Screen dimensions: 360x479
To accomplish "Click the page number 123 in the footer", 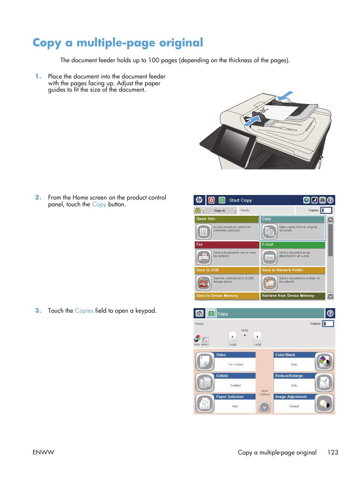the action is [x=332, y=452].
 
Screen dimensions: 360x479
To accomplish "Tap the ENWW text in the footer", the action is [x=43, y=452].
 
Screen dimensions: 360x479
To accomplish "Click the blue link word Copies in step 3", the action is [x=84, y=311].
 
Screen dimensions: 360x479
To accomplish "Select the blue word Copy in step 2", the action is [x=99, y=204].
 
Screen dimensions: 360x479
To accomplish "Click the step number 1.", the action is [x=38, y=77].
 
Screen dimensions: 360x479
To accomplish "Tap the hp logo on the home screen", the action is [x=199, y=200].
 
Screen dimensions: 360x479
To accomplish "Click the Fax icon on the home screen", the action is [x=204, y=258].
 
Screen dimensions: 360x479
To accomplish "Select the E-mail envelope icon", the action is [x=269, y=258].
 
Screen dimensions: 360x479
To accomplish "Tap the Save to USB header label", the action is [x=207, y=270].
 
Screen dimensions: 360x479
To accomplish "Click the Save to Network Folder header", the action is [x=283, y=270].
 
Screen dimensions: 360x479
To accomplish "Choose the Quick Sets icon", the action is [x=204, y=232].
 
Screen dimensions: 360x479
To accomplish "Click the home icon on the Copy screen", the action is [x=200, y=313].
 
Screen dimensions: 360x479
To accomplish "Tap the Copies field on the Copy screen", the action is [x=328, y=324].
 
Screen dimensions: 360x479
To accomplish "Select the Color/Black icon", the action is [x=324, y=362].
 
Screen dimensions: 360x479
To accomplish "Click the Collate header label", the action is [x=222, y=376].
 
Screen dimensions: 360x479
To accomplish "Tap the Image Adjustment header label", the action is [x=291, y=397].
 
